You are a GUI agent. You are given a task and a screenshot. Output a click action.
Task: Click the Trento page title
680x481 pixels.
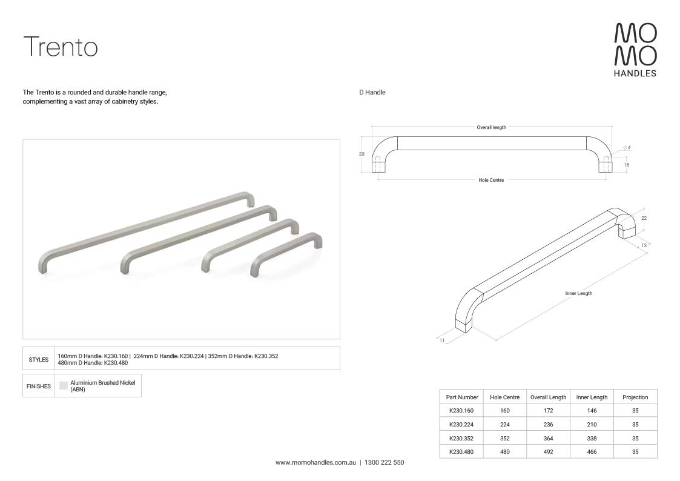[60, 47]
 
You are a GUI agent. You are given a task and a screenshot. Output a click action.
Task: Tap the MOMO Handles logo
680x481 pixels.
[635, 50]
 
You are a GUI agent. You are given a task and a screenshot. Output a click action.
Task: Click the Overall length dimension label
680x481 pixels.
[491, 127]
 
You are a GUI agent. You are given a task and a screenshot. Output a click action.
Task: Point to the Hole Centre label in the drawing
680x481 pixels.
[491, 180]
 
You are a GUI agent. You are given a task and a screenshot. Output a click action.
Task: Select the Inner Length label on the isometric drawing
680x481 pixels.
[578, 293]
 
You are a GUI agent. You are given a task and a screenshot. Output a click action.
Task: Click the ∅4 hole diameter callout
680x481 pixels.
[627, 147]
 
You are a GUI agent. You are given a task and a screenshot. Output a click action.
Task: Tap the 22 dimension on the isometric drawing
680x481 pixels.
[644, 218]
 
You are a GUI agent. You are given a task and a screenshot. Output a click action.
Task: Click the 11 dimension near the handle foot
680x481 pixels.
[442, 340]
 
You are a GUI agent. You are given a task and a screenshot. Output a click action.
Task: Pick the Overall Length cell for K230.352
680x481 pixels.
[548, 439]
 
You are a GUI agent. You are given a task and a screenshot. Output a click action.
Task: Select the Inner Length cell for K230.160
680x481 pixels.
[592, 411]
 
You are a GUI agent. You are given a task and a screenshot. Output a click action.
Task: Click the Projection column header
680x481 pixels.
[635, 397]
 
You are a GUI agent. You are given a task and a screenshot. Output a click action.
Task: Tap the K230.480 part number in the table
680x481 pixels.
[461, 452]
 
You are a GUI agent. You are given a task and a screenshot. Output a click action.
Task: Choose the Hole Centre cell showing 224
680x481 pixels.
[504, 425]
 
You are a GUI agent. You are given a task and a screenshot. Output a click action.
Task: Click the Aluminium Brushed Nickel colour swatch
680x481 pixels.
[64, 385]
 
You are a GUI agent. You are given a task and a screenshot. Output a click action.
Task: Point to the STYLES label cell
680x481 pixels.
[39, 359]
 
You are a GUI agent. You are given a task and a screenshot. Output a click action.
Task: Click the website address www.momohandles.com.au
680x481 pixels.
[315, 462]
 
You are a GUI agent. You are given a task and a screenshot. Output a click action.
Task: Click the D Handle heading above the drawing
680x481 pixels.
[372, 93]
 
